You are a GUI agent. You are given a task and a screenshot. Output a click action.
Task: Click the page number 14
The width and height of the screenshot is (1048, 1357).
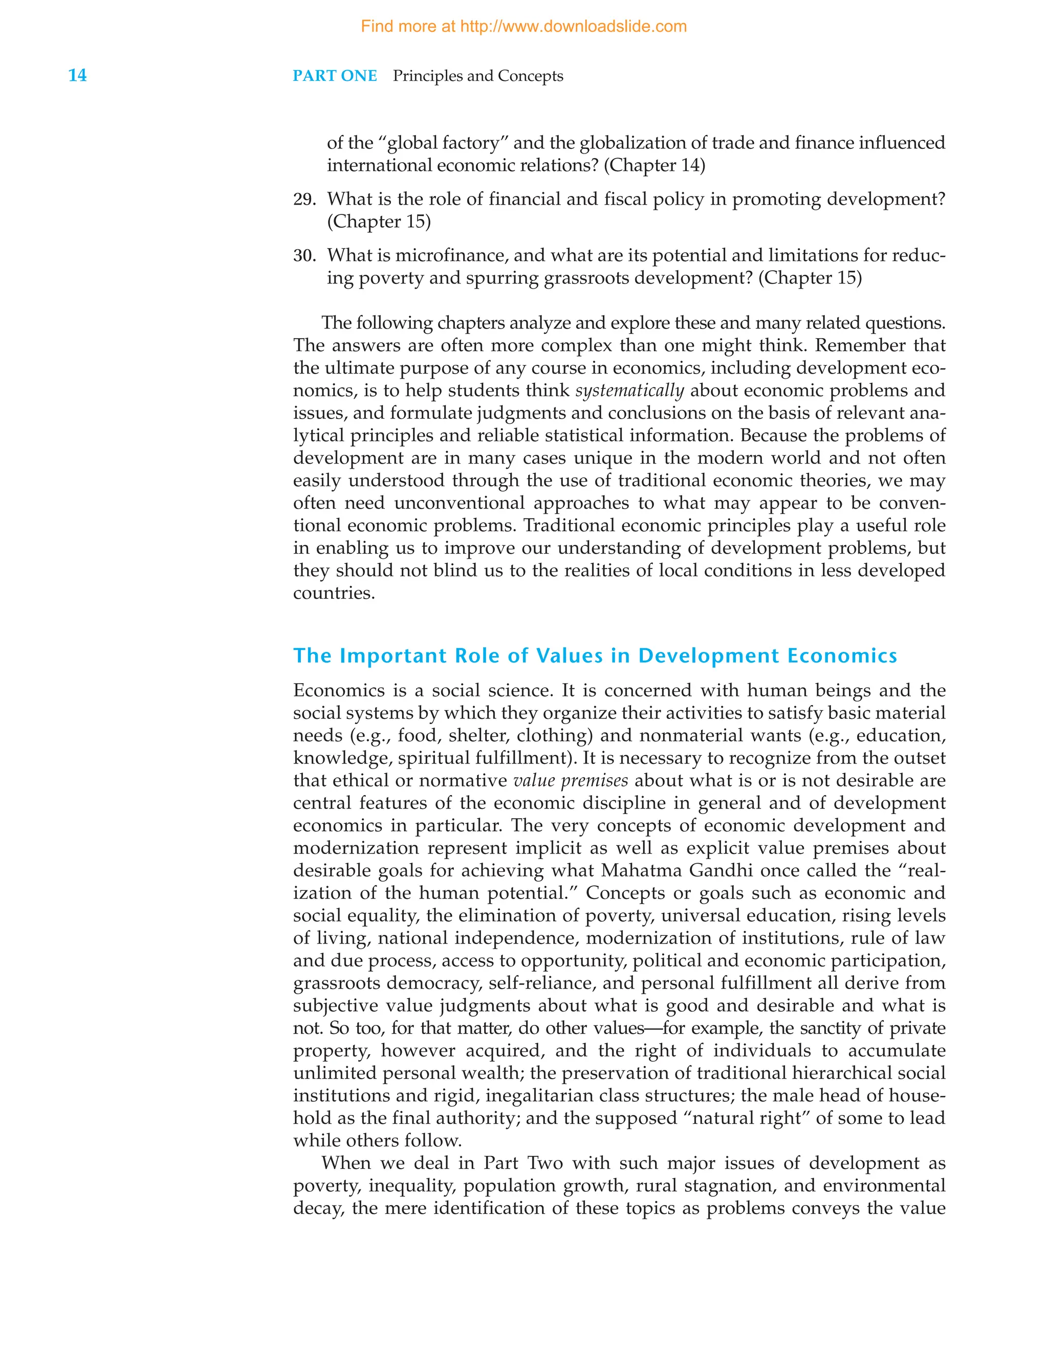coord(77,75)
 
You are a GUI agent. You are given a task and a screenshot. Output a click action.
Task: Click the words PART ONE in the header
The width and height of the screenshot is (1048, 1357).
coord(335,76)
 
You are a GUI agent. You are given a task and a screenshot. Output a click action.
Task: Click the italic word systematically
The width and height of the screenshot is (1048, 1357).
coord(629,391)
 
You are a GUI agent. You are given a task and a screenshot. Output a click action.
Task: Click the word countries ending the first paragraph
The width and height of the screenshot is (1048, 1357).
coord(333,594)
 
